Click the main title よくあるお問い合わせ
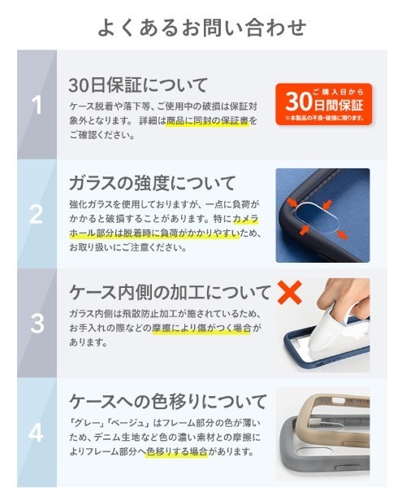(x=202, y=27)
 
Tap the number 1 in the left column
(x=37, y=105)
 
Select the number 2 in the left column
(x=37, y=214)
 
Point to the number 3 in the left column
(x=37, y=323)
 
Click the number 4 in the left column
(x=37, y=432)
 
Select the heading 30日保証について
(x=138, y=85)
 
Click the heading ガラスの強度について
(x=152, y=182)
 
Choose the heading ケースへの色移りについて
(x=167, y=402)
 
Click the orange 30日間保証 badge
(x=322, y=103)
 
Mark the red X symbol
(x=290, y=291)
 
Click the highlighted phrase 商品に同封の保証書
(x=208, y=120)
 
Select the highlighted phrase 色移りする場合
(x=179, y=451)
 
